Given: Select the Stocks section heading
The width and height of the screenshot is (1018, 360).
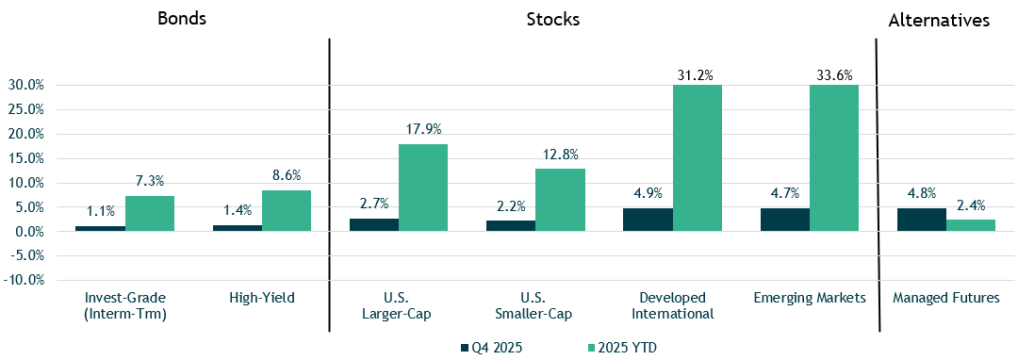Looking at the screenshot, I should [553, 20].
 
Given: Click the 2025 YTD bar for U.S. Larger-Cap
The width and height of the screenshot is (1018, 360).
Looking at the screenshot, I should [423, 188].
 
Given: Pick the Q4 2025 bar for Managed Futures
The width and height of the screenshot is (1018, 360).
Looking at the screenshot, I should [921, 220].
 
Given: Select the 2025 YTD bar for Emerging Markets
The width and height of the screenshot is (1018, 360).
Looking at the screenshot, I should [834, 157].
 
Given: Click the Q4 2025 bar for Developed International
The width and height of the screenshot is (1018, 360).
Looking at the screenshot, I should [648, 220].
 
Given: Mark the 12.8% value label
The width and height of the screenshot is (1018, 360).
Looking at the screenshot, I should [560, 155].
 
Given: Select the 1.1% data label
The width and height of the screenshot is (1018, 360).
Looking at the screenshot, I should [100, 213].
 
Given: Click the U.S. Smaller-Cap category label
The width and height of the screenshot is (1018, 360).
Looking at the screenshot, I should [535, 305].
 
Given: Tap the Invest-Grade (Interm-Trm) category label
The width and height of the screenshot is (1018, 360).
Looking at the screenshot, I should [125, 305].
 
